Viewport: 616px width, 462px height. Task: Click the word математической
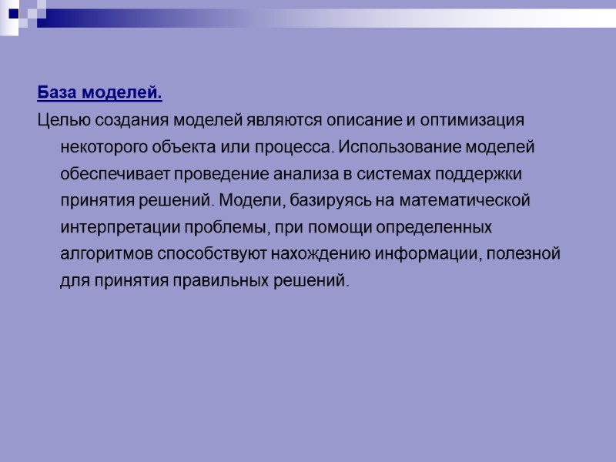(x=469, y=201)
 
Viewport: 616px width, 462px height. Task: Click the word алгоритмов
(x=107, y=254)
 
